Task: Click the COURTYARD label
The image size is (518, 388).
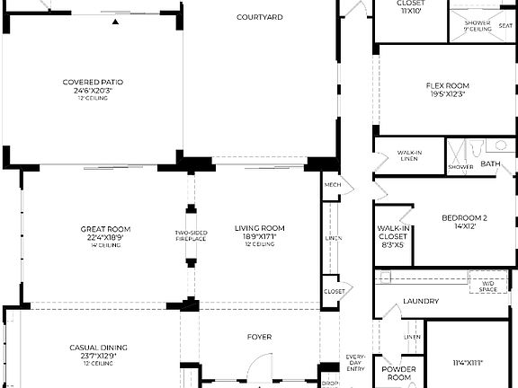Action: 260,17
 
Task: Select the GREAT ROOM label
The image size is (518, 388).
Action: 106,228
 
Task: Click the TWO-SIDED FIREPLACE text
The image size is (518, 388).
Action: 190,237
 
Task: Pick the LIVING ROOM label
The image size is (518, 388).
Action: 260,228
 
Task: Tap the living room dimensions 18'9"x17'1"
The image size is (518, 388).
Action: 260,236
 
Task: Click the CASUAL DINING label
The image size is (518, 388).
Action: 98,348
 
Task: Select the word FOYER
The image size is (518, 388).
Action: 260,338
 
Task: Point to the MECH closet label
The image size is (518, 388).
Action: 331,185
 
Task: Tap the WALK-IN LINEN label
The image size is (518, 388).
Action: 409,155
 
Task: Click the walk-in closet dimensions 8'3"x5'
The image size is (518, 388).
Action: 393,243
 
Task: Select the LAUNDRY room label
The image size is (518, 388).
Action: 420,301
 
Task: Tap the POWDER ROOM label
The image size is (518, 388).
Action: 398,374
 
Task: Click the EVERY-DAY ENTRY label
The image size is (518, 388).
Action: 356,363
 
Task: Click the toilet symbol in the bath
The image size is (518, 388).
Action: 501,145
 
